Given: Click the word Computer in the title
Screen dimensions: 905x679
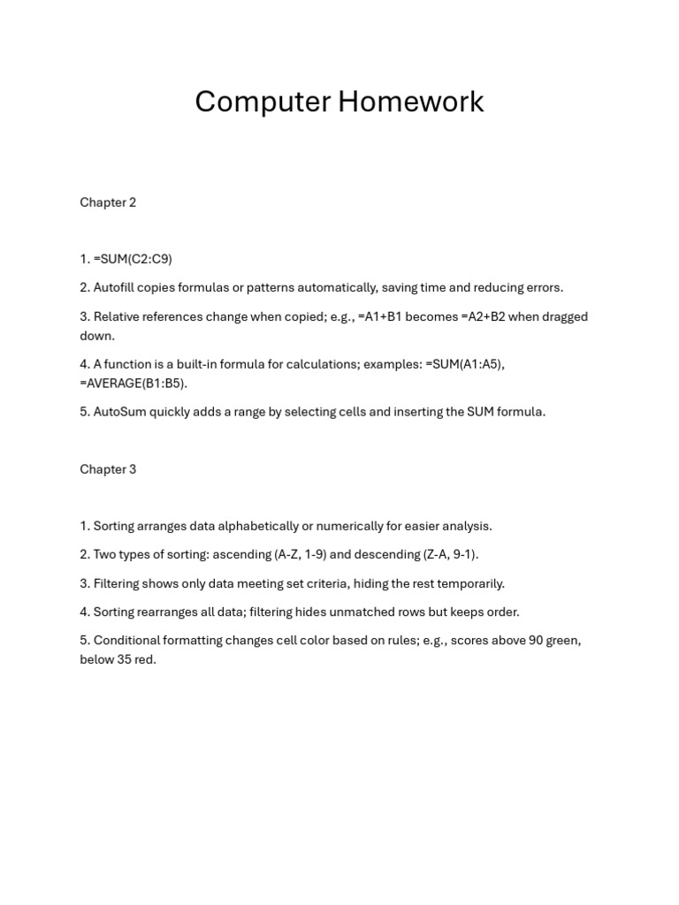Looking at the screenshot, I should click(x=263, y=102).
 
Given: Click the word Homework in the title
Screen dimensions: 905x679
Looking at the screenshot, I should click(x=411, y=102).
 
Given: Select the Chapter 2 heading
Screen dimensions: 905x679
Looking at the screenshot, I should click(x=108, y=202).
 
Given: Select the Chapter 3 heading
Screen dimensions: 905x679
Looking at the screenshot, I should click(x=108, y=469).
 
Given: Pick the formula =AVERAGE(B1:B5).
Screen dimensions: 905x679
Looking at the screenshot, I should click(x=134, y=384).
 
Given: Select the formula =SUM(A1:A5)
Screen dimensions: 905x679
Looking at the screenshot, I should click(x=464, y=364).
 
